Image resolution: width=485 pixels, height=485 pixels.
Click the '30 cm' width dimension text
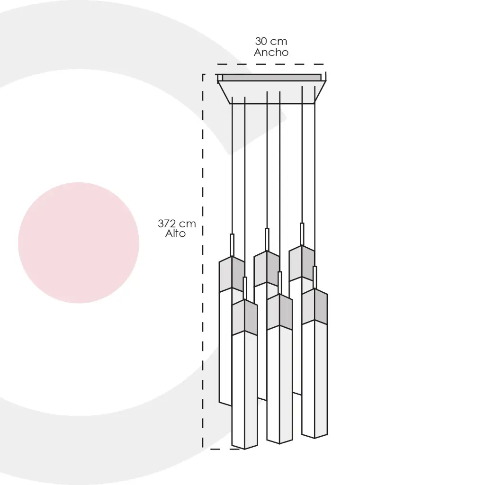tap(271, 41)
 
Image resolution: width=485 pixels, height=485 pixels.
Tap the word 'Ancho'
tap(271, 52)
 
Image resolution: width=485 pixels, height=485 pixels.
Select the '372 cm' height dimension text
tap(177, 224)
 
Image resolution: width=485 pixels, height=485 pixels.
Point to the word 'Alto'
tap(175, 234)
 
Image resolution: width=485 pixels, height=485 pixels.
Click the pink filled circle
tap(79, 243)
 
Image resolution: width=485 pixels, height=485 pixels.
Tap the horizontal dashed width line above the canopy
tap(270, 64)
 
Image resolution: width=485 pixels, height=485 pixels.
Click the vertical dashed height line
tap(203, 261)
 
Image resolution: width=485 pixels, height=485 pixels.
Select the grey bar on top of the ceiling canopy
tap(271, 78)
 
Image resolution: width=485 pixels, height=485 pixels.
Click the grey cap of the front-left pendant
tap(245, 318)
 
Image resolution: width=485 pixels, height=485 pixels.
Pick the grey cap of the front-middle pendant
tap(279, 312)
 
